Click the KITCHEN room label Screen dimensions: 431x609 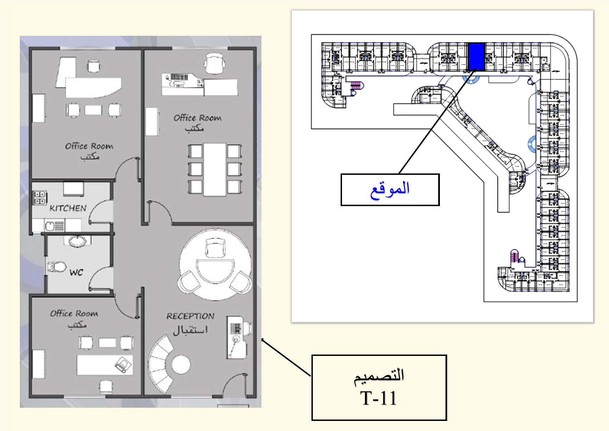pos(68,209)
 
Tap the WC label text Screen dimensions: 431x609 pos(76,272)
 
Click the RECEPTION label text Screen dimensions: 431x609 pos(190,316)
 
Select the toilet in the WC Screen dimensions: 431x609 pos(57,267)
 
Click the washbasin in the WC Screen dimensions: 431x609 pos(77,241)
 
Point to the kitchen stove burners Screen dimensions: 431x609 pos(40,197)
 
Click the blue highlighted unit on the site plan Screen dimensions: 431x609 pos(476,56)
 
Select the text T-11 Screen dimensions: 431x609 pos(378,398)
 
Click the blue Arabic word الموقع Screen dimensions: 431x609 pos(390,189)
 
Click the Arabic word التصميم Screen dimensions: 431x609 pos(379,376)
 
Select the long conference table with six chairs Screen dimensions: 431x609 pos(215,170)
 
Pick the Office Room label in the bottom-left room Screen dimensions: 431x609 pos(74,314)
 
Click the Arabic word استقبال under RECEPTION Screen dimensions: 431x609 pos(190,330)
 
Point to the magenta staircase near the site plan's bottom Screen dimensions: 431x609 pos(514,257)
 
